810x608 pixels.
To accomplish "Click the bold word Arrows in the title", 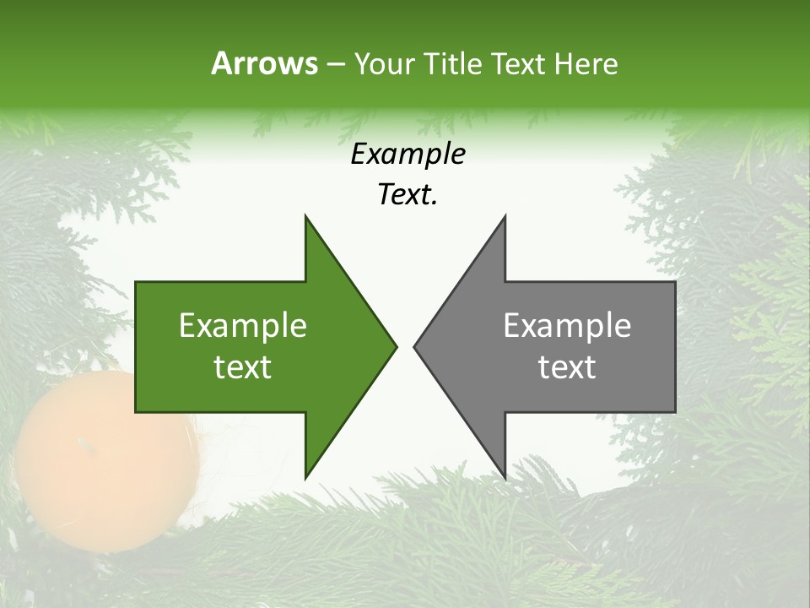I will (264, 63).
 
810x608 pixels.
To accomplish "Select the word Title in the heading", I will (452, 63).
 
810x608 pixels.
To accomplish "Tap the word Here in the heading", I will (586, 63).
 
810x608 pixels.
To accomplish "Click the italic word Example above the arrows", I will (408, 155).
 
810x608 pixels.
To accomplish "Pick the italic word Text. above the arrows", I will (408, 195).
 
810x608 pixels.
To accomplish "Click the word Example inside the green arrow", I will (243, 325).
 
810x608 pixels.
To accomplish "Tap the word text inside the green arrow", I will (243, 366).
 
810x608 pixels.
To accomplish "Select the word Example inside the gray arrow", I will (567, 325).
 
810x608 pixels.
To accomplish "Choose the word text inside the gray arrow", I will (567, 366).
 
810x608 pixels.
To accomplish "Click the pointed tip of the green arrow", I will (397, 346).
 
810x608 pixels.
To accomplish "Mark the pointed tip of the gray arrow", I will (414, 346).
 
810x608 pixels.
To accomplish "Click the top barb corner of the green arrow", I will (305, 216).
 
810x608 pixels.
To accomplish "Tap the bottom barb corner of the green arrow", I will (305, 478).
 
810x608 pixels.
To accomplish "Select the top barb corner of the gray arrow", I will (505, 216).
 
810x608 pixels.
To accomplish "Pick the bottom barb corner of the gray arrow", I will (505, 478).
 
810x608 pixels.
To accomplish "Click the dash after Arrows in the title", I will (335, 64).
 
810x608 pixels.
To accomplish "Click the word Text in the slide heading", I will (519, 63).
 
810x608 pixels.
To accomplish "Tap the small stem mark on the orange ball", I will (82, 442).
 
